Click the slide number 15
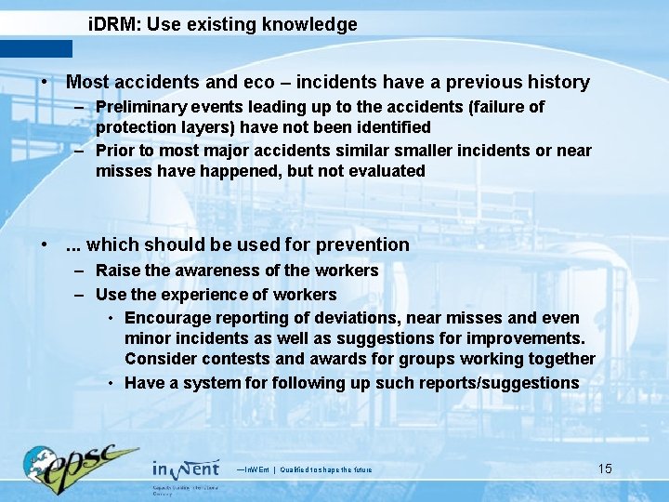click(x=605, y=469)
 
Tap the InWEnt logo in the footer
click(x=186, y=469)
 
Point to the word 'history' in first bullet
click(x=557, y=83)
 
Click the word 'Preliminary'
click(x=141, y=107)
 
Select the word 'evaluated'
click(x=386, y=171)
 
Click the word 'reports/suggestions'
click(x=500, y=383)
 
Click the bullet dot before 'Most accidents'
click(x=45, y=83)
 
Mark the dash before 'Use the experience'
click(x=81, y=295)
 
